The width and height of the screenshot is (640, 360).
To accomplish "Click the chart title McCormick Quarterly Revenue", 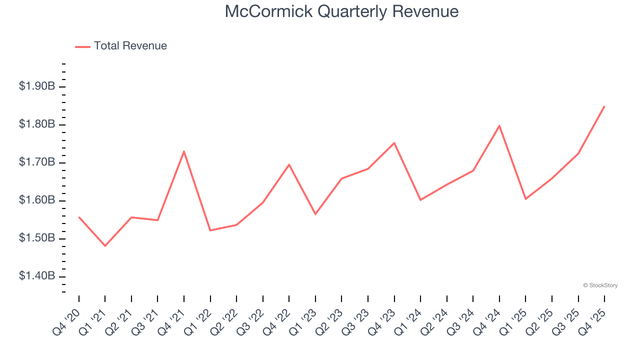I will [x=341, y=11].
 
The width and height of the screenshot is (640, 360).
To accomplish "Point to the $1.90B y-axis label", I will [x=37, y=86].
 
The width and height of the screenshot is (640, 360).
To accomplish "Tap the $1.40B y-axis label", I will [x=37, y=276].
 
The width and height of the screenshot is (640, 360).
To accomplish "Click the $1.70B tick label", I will [x=37, y=162].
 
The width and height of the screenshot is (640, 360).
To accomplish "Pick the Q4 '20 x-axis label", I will [x=66, y=321].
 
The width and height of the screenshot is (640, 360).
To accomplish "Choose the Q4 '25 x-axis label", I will [x=592, y=321].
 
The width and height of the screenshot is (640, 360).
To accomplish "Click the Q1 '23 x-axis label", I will [x=303, y=321].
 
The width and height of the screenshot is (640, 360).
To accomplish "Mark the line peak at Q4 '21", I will [x=184, y=151].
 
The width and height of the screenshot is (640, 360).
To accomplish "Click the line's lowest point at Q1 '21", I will [x=105, y=246].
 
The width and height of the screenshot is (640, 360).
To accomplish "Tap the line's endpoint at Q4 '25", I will [x=604, y=106].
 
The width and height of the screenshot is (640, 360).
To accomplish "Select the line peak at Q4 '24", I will [x=499, y=125].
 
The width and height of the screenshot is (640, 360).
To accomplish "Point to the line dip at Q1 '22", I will [x=210, y=230].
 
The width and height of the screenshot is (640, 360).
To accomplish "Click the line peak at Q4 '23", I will [x=394, y=143].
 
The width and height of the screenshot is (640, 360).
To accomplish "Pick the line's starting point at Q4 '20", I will [x=79, y=217].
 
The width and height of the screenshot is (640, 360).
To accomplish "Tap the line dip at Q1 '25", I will [x=525, y=199].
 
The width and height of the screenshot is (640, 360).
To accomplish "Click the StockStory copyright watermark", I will [x=600, y=285].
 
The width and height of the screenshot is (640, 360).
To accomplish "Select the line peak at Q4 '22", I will [x=289, y=164].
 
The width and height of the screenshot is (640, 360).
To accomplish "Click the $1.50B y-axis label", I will [x=37, y=238].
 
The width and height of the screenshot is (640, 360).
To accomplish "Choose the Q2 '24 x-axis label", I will [x=434, y=321].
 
